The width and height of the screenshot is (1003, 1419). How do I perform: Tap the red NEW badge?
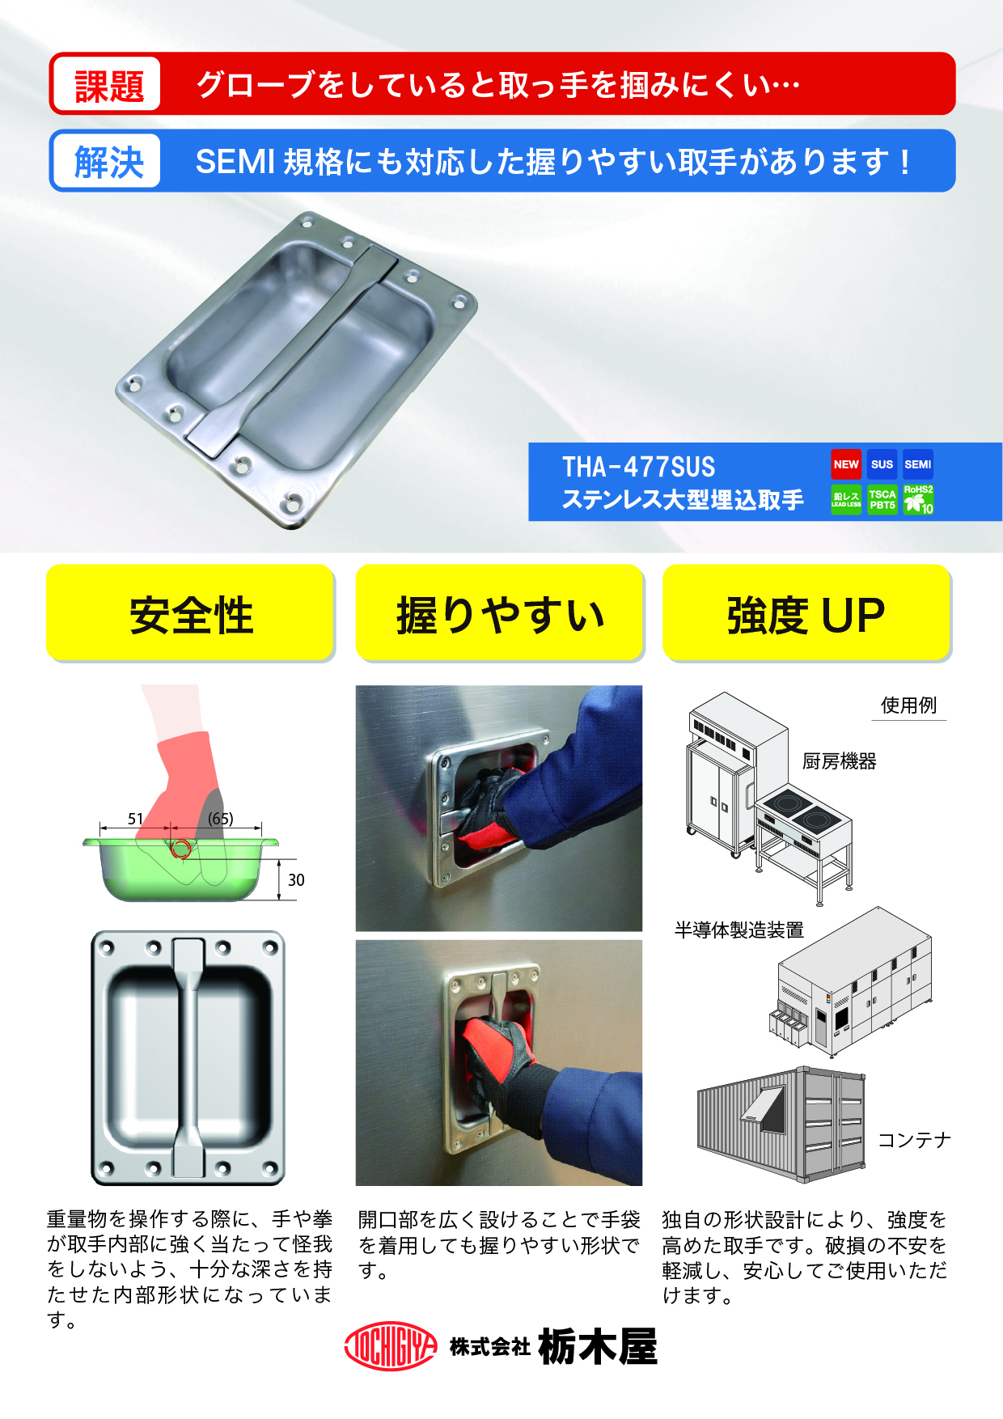point(846,464)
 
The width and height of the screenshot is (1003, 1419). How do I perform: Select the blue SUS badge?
point(882,464)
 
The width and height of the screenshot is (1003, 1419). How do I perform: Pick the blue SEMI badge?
point(918,464)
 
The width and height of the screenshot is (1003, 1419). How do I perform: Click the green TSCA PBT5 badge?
point(882,500)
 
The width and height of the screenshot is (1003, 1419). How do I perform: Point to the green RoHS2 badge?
point(918,500)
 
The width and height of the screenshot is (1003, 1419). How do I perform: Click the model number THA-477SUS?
point(638,467)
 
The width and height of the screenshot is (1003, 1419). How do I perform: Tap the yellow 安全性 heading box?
point(191,613)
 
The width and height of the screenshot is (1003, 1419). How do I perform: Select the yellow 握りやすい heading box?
point(500,613)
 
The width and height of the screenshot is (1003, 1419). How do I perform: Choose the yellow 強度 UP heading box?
point(806,613)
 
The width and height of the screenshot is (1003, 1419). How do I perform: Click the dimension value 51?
point(135,819)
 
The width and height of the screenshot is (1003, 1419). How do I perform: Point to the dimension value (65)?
point(220,819)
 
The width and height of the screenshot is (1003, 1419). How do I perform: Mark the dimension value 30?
point(296,879)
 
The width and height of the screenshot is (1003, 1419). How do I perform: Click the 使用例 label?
point(908,705)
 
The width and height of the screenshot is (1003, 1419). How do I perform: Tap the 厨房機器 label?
point(840,761)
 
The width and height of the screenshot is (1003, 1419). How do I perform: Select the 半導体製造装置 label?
point(739,930)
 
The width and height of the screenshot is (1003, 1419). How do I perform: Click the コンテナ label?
point(915,1140)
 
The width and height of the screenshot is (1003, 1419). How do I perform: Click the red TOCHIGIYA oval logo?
point(391,1346)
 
